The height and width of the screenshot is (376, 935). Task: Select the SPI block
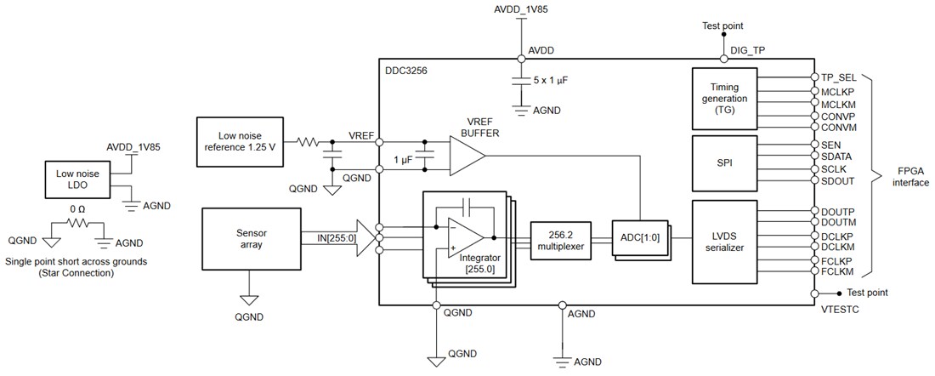tap(725, 162)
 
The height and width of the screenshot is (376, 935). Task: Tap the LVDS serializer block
tap(725, 241)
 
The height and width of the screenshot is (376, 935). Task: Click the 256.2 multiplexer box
tap(561, 241)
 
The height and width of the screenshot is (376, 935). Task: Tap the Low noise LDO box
tap(77, 179)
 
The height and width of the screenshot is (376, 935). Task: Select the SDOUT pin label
tap(840, 181)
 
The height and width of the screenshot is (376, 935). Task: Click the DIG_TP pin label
tap(748, 50)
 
